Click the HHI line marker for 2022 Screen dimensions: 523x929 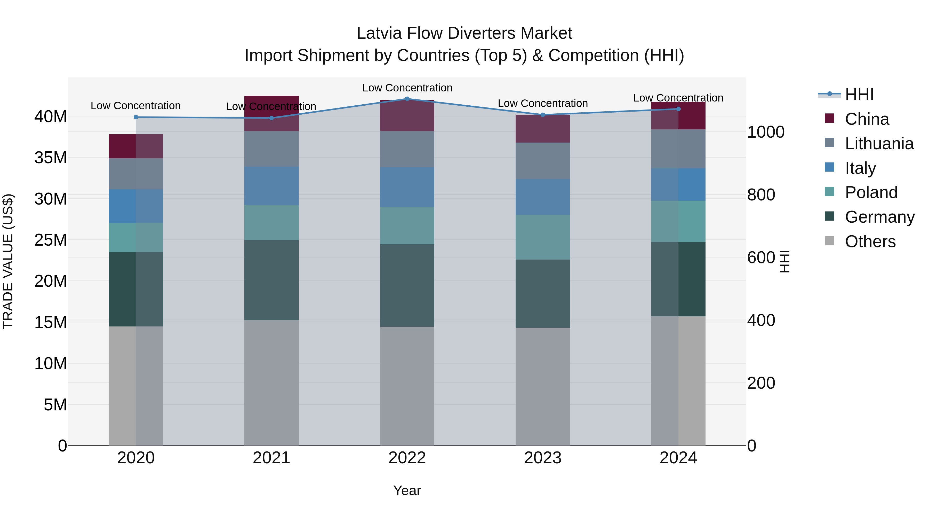[x=407, y=99]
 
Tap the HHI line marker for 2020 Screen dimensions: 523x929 [x=136, y=117]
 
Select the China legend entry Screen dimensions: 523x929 [x=867, y=119]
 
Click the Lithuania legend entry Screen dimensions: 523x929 [x=879, y=144]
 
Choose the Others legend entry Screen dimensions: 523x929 [x=870, y=241]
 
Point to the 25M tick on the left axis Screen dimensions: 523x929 [x=51, y=240]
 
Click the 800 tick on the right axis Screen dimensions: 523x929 [x=761, y=195]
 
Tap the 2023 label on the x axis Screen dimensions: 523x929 [x=542, y=458]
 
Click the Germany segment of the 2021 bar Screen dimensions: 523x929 [x=271, y=280]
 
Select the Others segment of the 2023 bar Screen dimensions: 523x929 [x=542, y=386]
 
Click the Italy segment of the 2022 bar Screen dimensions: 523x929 [x=407, y=187]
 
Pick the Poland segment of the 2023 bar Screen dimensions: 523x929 [x=542, y=237]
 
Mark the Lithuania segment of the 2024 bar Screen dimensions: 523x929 [x=678, y=149]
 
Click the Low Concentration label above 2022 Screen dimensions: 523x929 [x=407, y=88]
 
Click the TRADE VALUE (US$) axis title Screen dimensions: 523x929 [x=8, y=261]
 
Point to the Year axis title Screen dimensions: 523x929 [x=407, y=490]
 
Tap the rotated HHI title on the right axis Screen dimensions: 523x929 [x=785, y=261]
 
